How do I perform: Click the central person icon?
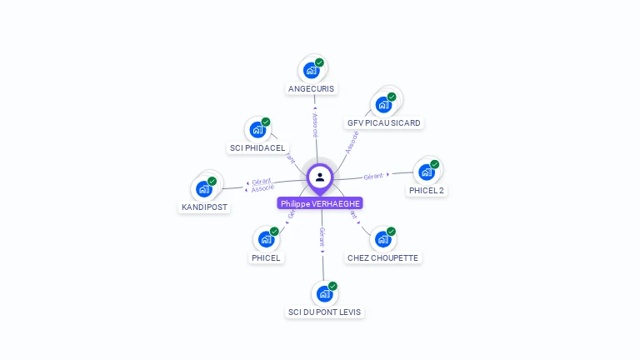pyautogui.click(x=320, y=177)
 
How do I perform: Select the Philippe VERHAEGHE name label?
pyautogui.click(x=321, y=203)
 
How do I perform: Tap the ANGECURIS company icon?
pyautogui.click(x=311, y=71)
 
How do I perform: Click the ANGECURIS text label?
pyautogui.click(x=311, y=88)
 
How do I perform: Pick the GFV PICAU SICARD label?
pyautogui.click(x=384, y=123)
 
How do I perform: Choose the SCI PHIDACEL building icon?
pyautogui.click(x=257, y=131)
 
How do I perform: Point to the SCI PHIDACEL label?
pyautogui.click(x=257, y=148)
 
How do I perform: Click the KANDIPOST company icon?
pyautogui.click(x=204, y=189)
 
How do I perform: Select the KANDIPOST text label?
pyautogui.click(x=204, y=207)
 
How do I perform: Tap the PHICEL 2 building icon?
pyautogui.click(x=427, y=172)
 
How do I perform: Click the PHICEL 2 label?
pyautogui.click(x=427, y=190)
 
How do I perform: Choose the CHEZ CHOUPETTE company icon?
pyautogui.click(x=382, y=240)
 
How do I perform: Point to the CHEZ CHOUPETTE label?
pyautogui.click(x=383, y=258)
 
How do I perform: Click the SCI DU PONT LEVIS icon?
pyautogui.click(x=324, y=294)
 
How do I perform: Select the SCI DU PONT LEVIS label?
pyautogui.click(x=325, y=312)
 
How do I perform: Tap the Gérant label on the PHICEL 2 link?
pyautogui.click(x=373, y=176)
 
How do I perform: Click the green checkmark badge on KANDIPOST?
pyautogui.click(x=212, y=181)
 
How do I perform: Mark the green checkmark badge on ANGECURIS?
pyautogui.click(x=319, y=62)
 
